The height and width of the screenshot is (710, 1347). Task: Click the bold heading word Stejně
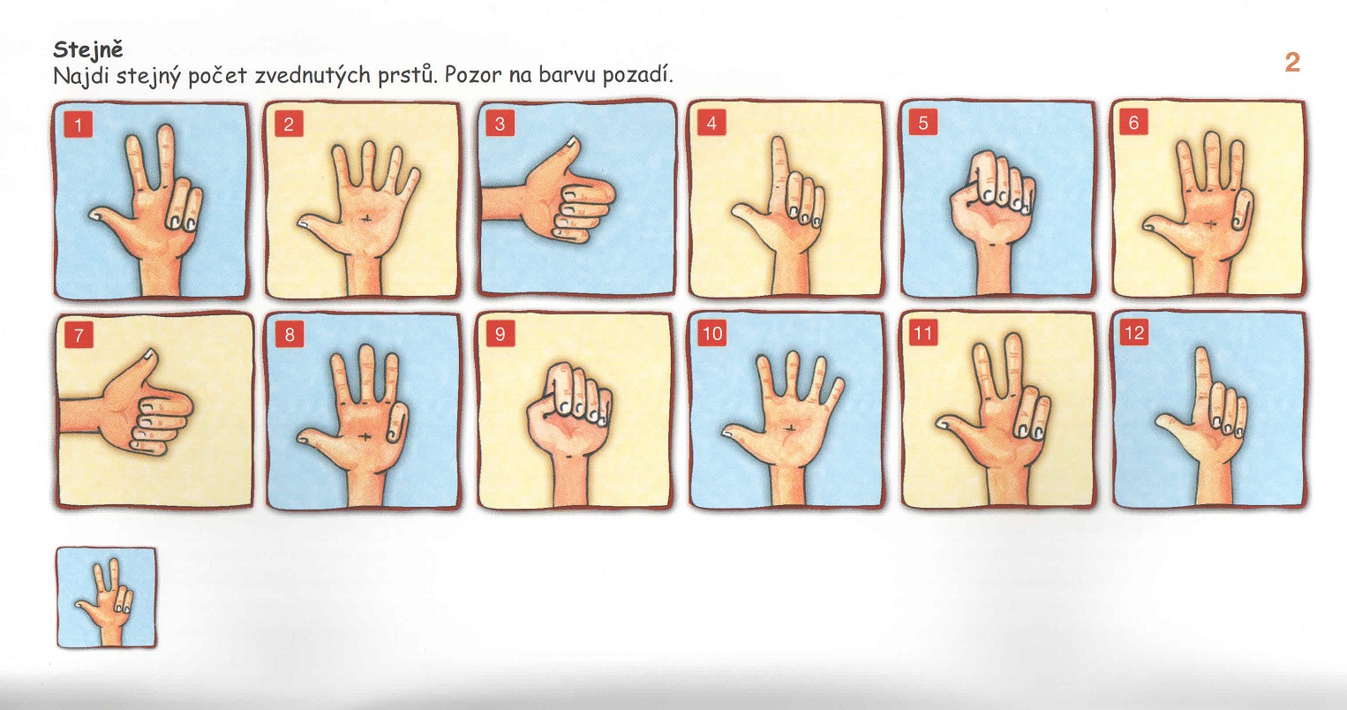point(87,50)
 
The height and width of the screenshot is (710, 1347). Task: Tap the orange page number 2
point(1291,63)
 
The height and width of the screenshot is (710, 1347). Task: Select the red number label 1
point(79,125)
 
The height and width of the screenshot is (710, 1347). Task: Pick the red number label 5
point(923,124)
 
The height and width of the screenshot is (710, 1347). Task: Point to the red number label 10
point(712,333)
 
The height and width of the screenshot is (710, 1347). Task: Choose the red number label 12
point(1134,333)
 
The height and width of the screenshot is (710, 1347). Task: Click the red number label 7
point(79,335)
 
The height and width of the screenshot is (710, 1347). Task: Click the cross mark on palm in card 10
point(790,428)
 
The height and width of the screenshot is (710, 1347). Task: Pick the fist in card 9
point(569,409)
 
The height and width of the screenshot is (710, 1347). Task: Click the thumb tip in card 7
point(149,354)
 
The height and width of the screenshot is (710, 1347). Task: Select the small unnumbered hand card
point(107,598)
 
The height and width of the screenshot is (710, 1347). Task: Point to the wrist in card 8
point(366,487)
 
